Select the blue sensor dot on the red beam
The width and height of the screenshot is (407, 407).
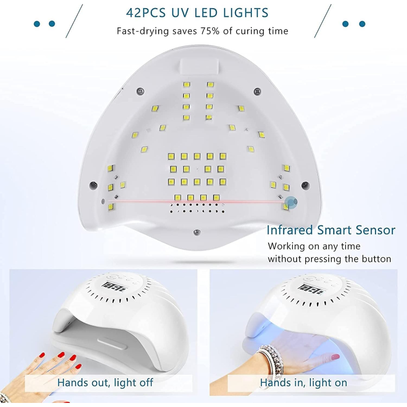(x=291, y=202)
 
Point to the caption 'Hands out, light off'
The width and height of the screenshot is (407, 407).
(x=105, y=383)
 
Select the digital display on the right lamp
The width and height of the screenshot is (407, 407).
(x=312, y=290)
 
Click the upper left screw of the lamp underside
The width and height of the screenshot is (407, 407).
(x=140, y=92)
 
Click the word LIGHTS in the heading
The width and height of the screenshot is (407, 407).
(x=246, y=12)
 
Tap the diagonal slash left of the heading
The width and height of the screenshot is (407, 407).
(x=74, y=21)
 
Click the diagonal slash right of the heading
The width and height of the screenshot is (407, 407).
(x=323, y=21)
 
